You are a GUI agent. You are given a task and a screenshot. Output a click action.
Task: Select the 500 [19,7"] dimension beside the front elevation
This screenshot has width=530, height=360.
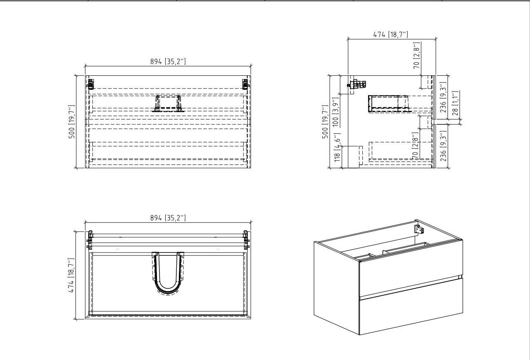click(x=72, y=122)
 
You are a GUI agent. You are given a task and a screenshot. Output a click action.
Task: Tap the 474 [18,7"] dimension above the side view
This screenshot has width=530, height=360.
click(x=391, y=35)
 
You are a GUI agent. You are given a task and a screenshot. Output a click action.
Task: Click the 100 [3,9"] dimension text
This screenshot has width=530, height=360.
click(x=335, y=108)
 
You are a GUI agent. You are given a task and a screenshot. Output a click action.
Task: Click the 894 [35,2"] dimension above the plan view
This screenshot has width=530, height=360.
click(x=168, y=218)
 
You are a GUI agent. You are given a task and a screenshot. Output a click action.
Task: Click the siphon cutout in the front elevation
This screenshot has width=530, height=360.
click(x=168, y=103)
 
